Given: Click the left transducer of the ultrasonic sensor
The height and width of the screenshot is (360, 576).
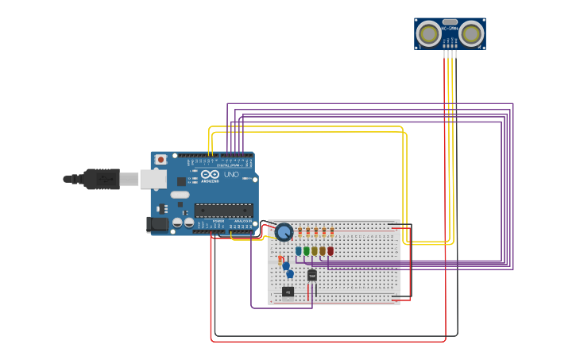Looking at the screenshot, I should (x=429, y=34).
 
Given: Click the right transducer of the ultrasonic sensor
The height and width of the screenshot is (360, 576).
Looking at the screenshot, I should (x=470, y=34).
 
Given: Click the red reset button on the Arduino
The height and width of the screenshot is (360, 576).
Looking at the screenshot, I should (x=160, y=159).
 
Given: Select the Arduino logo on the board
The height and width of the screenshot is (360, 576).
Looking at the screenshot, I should (x=210, y=174).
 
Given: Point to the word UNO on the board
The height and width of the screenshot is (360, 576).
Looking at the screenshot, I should (x=231, y=174).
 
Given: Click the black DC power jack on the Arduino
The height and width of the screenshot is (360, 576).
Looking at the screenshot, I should (x=159, y=224).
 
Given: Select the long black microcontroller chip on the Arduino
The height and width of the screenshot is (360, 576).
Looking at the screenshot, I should (x=224, y=210).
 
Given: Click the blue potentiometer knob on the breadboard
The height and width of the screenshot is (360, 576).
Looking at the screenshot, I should (x=284, y=232).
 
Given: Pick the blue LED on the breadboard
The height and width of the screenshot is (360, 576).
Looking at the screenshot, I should (x=299, y=251).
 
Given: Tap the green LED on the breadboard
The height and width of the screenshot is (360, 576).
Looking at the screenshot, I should (x=307, y=251).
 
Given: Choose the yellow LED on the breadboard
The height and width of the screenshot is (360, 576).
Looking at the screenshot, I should (x=315, y=251).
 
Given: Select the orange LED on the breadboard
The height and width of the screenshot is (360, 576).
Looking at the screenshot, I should (x=323, y=251).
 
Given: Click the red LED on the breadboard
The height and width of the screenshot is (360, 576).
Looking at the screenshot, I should (x=331, y=251).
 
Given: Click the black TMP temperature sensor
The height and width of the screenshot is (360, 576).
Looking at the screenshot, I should (x=311, y=275).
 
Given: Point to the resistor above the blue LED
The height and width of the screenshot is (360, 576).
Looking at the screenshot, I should (x=300, y=233).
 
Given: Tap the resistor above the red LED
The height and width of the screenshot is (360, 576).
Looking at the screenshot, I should (x=331, y=233).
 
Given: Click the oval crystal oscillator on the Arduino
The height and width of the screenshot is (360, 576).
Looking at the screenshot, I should (x=180, y=195).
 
